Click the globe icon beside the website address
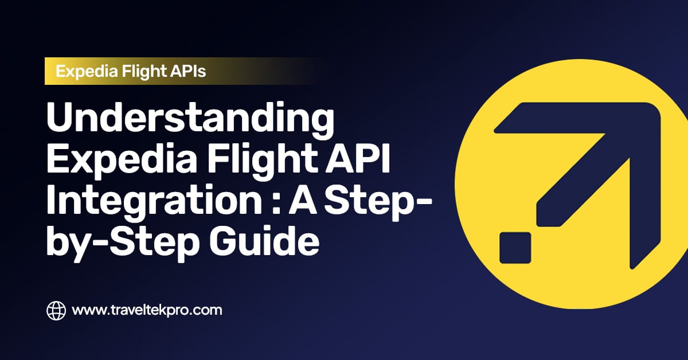[x=56, y=311]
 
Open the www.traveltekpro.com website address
[x=147, y=311]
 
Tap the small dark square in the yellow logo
[x=515, y=248]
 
